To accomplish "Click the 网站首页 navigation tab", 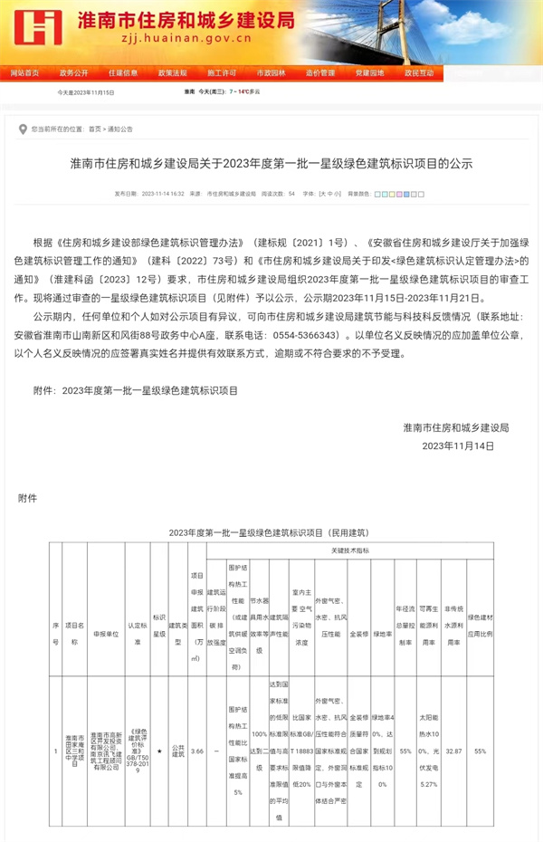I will click(x=24, y=72).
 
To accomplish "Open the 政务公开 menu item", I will click(x=74, y=72).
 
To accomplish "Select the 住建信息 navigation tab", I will click(x=123, y=72).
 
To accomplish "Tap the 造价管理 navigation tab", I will click(x=319, y=72).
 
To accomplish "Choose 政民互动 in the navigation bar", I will click(x=418, y=72).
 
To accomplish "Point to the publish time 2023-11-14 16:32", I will click(x=163, y=194).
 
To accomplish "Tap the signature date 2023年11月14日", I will click(x=459, y=445).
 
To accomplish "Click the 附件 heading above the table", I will click(x=28, y=498).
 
